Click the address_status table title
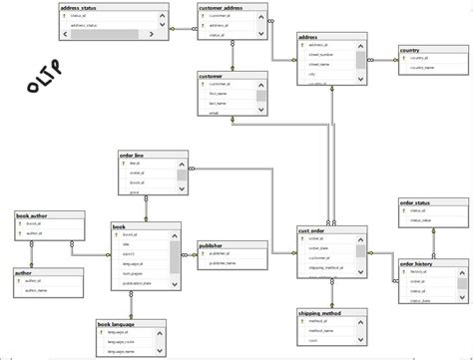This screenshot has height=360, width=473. tap(81, 7)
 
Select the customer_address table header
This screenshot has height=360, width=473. tap(222, 7)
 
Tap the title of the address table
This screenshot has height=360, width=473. tap(309, 37)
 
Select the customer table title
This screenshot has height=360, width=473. tap(212, 74)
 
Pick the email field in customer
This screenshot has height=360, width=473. tap(215, 113)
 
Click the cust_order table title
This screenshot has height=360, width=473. tap(312, 229)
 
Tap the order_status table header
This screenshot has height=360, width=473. tap(417, 202)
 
